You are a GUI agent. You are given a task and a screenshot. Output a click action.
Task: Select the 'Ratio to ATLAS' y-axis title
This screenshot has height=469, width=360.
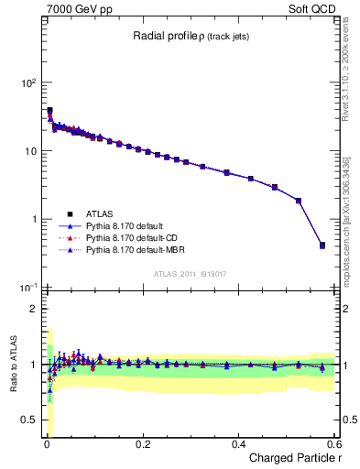pos(12,365)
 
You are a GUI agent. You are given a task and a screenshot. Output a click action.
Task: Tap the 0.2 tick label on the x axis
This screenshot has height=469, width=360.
pos(142,444)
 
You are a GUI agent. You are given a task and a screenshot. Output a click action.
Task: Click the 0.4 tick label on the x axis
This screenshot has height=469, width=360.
pos(238,444)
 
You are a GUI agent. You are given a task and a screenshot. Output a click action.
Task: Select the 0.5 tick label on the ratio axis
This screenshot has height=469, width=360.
pos(29,421)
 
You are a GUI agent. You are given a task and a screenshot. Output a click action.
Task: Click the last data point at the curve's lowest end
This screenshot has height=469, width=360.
pos(322,245)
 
